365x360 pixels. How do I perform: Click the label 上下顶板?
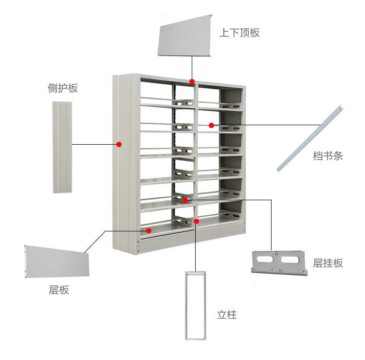[x=239, y=33]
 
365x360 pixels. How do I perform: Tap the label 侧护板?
[x=62, y=88]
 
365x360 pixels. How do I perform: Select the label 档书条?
[x=328, y=156]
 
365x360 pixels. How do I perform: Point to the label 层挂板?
[x=328, y=263]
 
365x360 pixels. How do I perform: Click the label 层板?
[x=59, y=290]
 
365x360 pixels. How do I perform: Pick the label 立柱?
[x=227, y=315]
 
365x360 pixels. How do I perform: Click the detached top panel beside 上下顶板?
[x=185, y=36]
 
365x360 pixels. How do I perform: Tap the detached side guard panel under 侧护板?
[x=62, y=147]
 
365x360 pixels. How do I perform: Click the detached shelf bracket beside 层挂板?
[x=279, y=263]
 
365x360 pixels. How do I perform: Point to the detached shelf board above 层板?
[x=56, y=262]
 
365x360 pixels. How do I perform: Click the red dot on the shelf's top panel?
[x=192, y=81]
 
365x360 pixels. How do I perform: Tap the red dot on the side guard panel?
[x=118, y=144]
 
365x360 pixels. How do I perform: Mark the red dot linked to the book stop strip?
[x=211, y=125]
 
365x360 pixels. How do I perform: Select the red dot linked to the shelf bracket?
[x=185, y=200]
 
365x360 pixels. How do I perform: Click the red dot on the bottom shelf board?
[x=149, y=230]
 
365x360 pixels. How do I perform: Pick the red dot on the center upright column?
[x=196, y=222]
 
